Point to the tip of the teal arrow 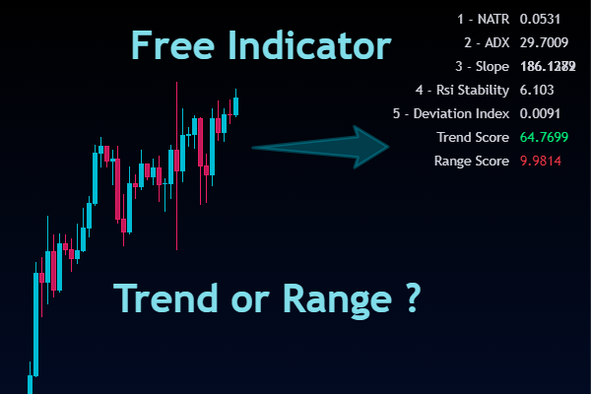(x=392, y=147)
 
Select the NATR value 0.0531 (x=540, y=20)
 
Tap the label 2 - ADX (x=486, y=43)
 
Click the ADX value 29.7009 (x=545, y=43)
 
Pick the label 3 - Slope (x=483, y=67)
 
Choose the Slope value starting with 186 (x=548, y=67)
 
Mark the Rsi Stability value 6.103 (x=537, y=91)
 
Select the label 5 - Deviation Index (x=451, y=114)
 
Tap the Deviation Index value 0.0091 (x=540, y=114)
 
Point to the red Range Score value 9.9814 (x=541, y=160)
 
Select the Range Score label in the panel (x=472, y=160)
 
